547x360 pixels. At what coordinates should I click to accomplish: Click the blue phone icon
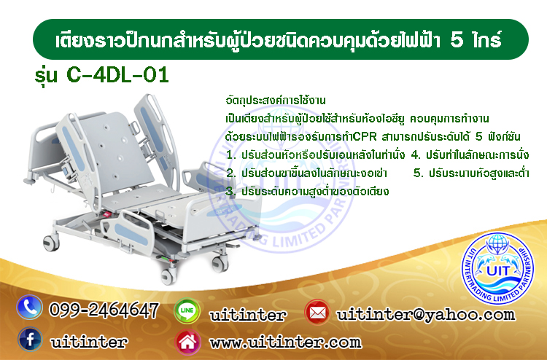tap(29, 308)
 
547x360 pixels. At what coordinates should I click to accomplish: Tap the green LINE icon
tap(187, 310)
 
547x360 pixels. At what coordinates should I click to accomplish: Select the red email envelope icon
tap(317, 312)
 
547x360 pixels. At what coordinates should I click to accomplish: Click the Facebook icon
tap(30, 339)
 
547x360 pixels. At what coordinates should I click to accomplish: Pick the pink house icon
tap(187, 342)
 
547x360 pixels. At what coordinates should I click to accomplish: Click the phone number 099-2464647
tap(104, 310)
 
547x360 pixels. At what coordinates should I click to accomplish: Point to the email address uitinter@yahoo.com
tap(426, 315)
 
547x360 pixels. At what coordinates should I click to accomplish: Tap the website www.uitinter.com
tap(285, 343)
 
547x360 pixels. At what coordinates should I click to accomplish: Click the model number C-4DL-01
tap(117, 75)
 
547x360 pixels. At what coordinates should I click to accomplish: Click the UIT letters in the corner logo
tap(497, 270)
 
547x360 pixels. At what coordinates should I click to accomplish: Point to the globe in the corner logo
tap(497, 244)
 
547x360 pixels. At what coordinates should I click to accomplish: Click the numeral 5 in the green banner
tap(457, 40)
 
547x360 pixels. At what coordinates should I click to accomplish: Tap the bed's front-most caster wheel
tap(168, 276)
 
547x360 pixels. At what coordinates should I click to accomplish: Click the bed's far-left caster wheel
tap(51, 243)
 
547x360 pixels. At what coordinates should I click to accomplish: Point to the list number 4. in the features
tap(416, 154)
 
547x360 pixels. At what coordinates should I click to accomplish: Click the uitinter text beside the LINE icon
tap(248, 316)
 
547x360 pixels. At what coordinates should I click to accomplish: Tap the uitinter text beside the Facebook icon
tap(88, 343)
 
